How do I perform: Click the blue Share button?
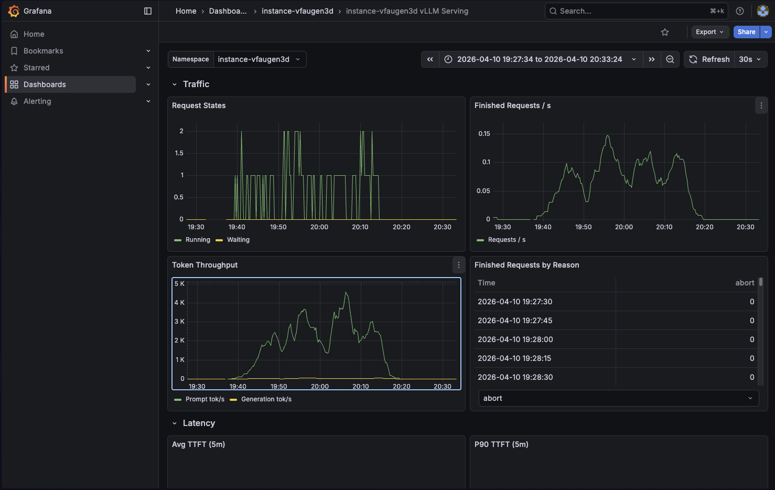[746, 32]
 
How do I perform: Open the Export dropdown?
[709, 32]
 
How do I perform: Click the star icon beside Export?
[665, 33]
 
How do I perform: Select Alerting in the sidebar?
[37, 101]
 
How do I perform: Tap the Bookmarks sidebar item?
[43, 51]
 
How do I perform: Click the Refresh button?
[709, 59]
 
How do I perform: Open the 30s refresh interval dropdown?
[750, 59]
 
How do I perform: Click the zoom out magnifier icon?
[670, 59]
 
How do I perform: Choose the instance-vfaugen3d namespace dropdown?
[259, 59]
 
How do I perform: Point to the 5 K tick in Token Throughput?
[179, 284]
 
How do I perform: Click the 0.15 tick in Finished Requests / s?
[484, 134]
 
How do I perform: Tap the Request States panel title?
[199, 105]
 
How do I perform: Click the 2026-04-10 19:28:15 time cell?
[514, 358]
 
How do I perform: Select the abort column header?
[745, 283]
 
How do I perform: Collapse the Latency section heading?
[199, 423]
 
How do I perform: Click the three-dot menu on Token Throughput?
[459, 265]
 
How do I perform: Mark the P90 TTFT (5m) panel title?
[501, 444]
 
